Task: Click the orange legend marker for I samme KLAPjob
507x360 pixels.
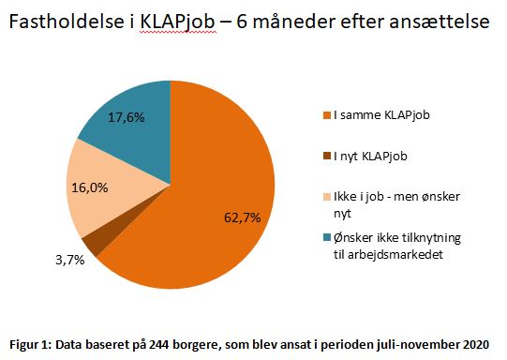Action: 324,116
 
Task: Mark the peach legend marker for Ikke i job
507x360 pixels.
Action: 324,198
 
